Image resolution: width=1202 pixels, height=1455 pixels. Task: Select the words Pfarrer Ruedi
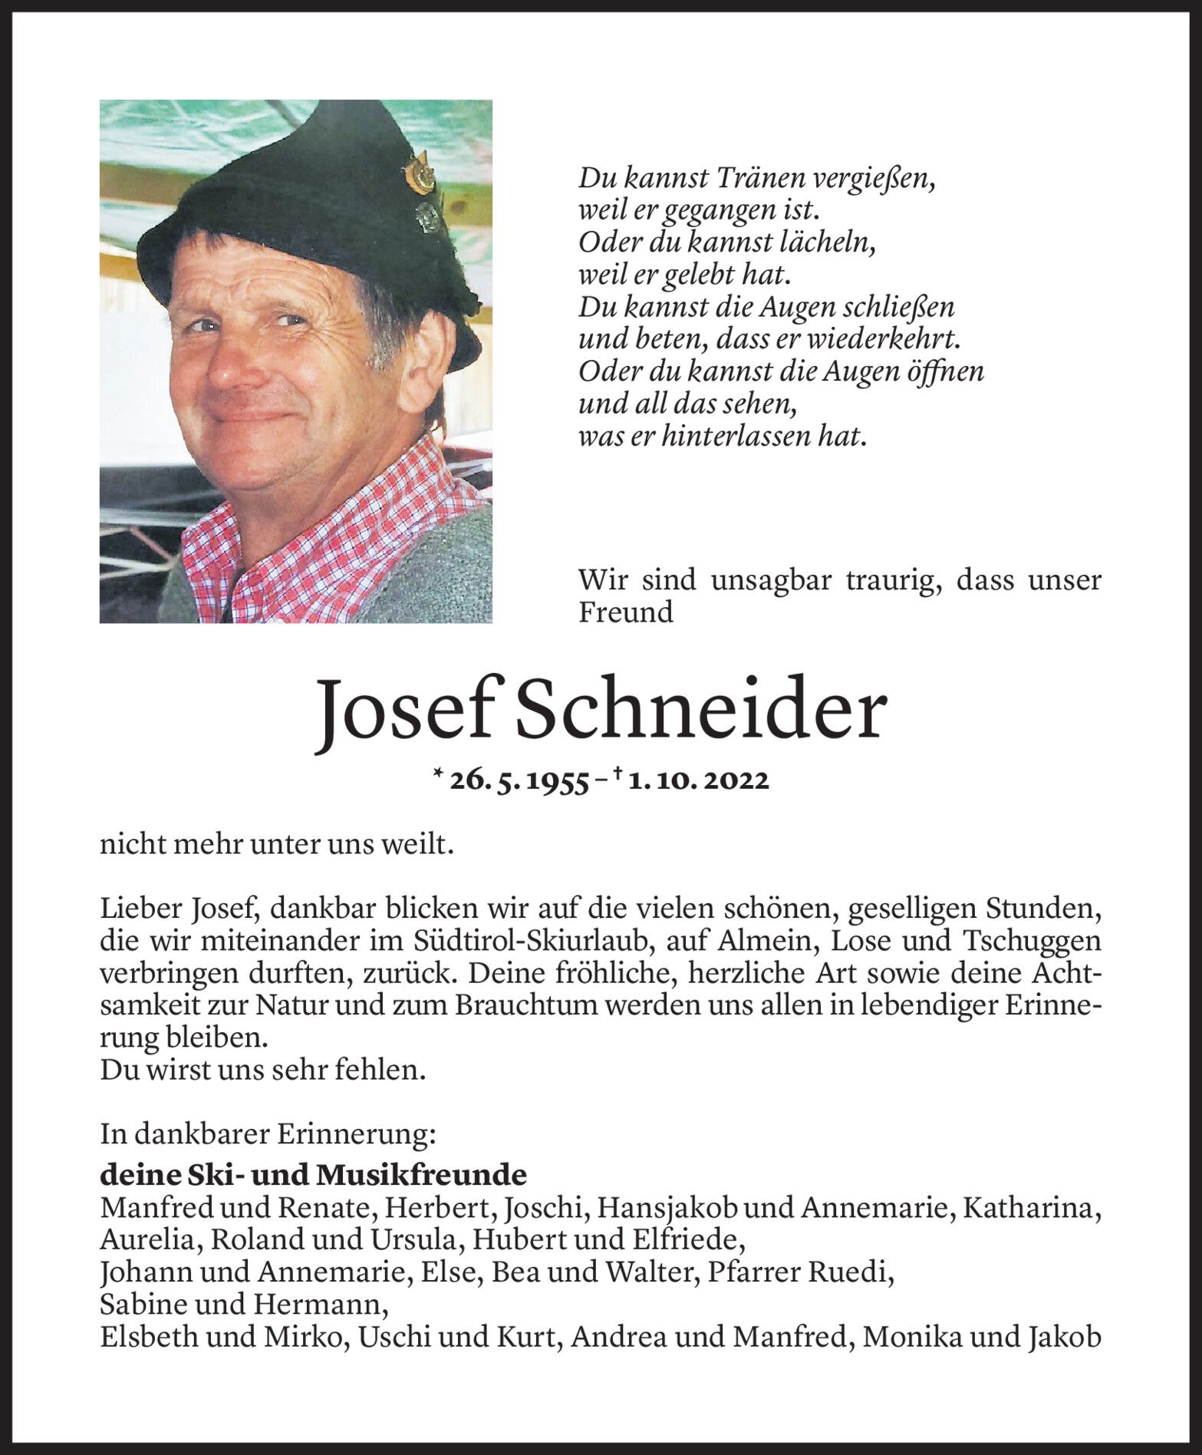coord(801,1272)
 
